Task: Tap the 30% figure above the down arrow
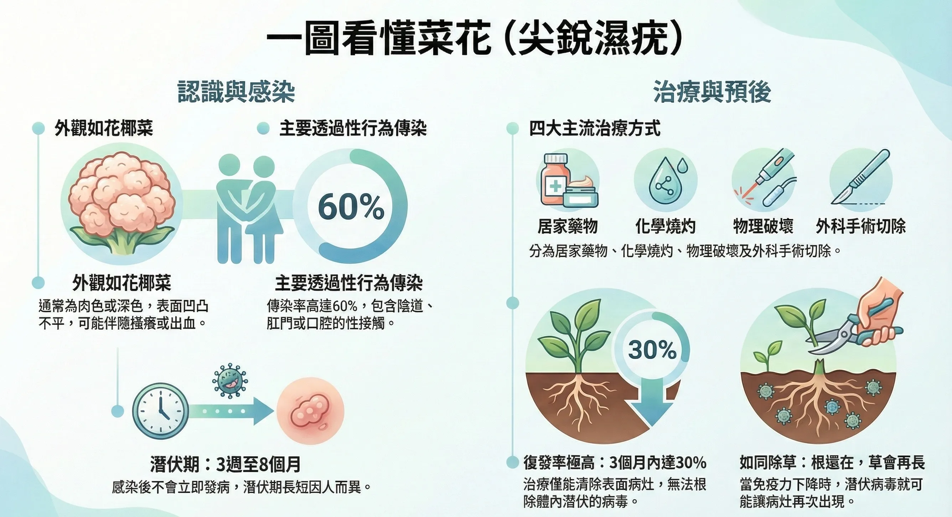tap(652, 349)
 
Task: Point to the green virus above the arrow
tap(230, 381)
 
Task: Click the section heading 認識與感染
tap(236, 92)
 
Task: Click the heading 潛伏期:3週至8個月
tap(226, 464)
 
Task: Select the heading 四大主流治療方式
tap(595, 129)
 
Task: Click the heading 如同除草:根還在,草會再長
tap(832, 463)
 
